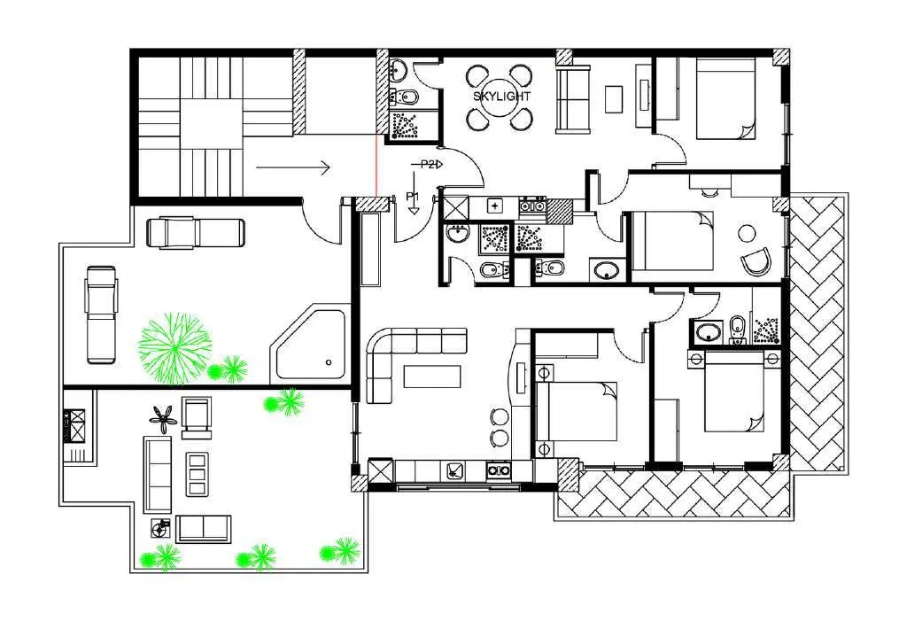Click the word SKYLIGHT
click(x=501, y=97)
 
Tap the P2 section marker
click(x=428, y=165)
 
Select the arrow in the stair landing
click(x=293, y=168)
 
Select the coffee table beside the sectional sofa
click(x=432, y=377)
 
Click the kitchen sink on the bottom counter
click(x=456, y=470)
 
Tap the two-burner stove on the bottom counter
click(x=499, y=470)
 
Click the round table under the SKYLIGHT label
click(x=501, y=97)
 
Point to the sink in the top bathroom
click(x=398, y=70)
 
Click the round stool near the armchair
click(x=747, y=233)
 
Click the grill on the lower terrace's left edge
click(x=74, y=425)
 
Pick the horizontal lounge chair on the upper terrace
click(x=196, y=233)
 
